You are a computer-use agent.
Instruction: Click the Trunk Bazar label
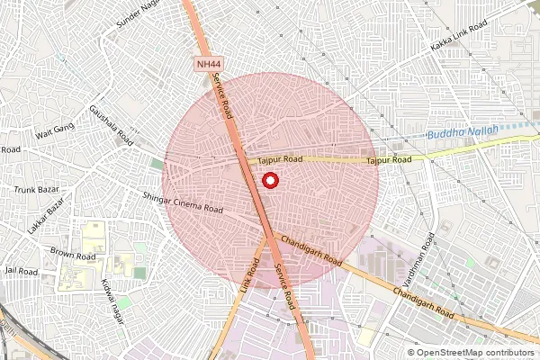(x=35, y=190)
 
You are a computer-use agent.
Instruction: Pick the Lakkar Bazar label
(x=46, y=217)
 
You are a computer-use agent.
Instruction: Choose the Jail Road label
(x=21, y=270)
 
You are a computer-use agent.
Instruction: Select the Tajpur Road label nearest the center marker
(x=280, y=159)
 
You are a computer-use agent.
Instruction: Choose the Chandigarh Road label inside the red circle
(x=311, y=250)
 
